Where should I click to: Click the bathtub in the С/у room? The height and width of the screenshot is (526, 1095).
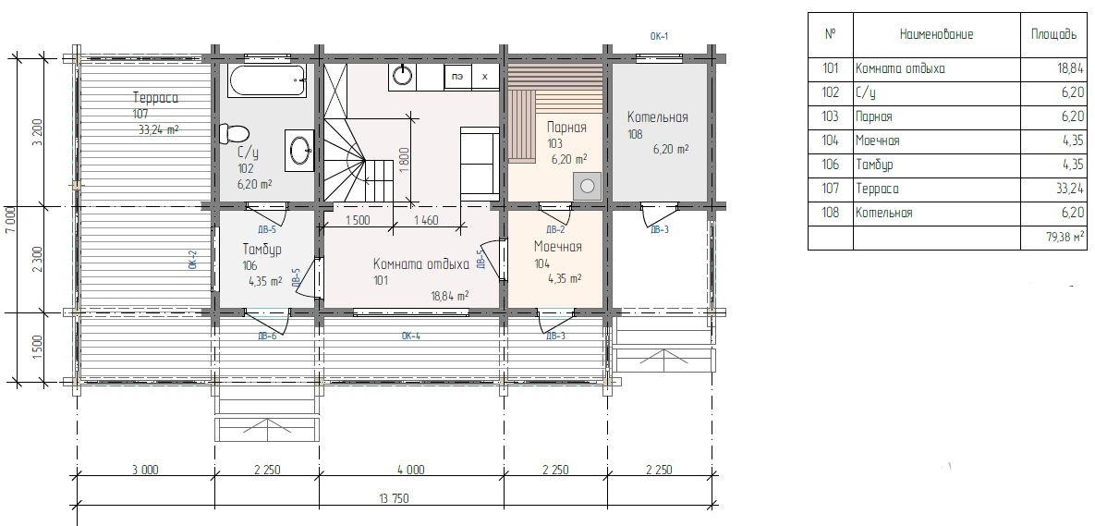click(x=267, y=81)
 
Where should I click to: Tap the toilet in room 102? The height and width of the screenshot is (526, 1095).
click(x=234, y=134)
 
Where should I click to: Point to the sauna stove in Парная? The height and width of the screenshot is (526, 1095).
click(x=588, y=186)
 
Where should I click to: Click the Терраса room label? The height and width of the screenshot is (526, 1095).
click(x=155, y=98)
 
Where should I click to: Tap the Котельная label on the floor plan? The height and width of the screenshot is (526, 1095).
click(x=657, y=116)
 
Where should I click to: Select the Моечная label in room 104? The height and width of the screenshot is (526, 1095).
click(x=557, y=247)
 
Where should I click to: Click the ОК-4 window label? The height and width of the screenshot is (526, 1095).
click(x=410, y=336)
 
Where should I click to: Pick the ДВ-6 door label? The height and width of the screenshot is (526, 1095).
click(x=267, y=336)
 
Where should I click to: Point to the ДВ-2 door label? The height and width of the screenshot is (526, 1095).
click(x=555, y=229)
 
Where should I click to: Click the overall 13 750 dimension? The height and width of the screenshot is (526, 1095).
click(x=395, y=498)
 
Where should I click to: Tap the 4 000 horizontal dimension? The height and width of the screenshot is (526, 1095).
click(x=410, y=471)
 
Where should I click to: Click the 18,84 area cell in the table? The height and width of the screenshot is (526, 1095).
click(x=1072, y=69)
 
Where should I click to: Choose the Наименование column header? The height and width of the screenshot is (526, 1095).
click(x=936, y=34)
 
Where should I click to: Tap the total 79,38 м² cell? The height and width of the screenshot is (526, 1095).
click(x=1065, y=238)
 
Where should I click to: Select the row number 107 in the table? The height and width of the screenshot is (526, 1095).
click(x=831, y=189)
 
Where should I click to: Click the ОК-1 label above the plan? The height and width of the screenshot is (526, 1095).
click(x=659, y=36)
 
